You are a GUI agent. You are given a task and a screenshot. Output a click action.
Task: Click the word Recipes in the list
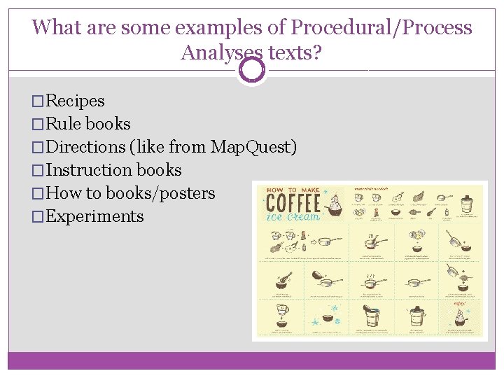tap(75, 101)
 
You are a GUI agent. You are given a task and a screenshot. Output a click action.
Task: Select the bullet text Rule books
tap(87, 124)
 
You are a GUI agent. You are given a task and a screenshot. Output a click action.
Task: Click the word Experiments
tap(94, 216)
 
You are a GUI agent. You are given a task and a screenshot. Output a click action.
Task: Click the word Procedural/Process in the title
tap(381, 28)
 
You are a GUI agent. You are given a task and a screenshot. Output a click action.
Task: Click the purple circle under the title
tap(251, 70)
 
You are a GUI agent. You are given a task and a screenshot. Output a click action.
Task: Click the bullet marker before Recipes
tap(38, 101)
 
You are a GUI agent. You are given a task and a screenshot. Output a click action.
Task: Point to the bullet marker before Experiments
tap(38, 217)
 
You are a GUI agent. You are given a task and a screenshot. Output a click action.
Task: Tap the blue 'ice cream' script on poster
tap(294, 217)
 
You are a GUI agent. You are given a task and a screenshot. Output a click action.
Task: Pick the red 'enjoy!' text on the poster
tap(459, 303)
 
